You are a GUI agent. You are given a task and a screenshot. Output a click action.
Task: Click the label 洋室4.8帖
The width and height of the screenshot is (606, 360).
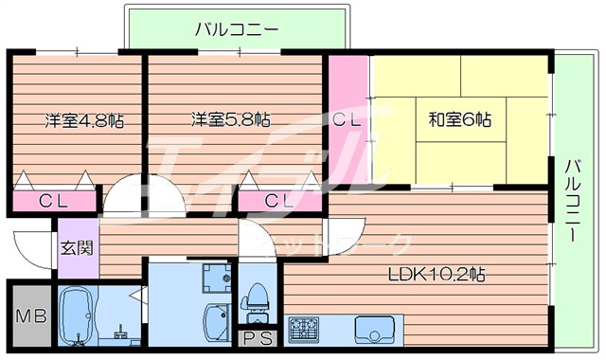[85, 120]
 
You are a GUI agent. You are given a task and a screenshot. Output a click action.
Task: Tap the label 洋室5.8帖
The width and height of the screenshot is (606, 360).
[230, 120]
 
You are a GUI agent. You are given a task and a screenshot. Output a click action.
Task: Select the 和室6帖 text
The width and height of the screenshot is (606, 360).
[459, 120]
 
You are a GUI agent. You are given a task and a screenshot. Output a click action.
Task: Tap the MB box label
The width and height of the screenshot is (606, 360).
[29, 316]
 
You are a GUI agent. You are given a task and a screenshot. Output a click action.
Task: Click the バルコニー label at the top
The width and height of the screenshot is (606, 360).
[237, 29]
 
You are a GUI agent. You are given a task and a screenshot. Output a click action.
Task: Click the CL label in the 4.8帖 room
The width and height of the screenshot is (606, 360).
[54, 202]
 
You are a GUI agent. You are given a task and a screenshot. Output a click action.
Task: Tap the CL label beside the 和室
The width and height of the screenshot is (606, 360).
[348, 120]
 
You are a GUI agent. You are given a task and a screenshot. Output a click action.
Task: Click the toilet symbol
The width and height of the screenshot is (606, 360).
[255, 300]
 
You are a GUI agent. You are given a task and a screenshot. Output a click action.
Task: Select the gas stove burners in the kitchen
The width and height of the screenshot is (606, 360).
[305, 330]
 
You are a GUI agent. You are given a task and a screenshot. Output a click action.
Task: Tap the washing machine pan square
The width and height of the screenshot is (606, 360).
[219, 277]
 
